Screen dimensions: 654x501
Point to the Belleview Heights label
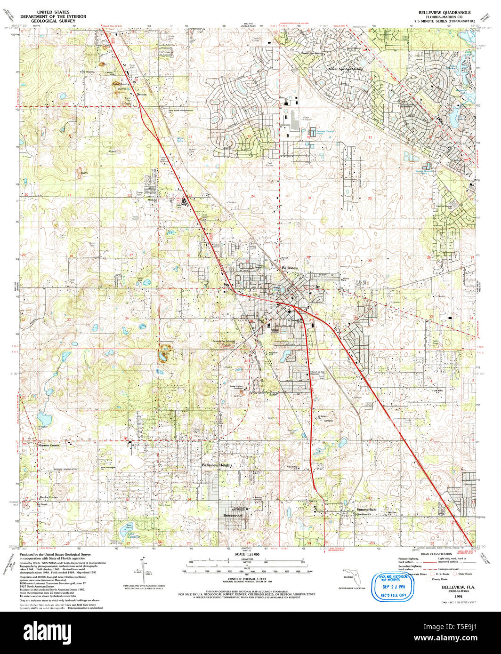pyautogui.click(x=218, y=465)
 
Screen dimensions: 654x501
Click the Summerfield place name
pyautogui.click(x=366, y=510)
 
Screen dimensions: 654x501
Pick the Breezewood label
pyautogui.click(x=233, y=516)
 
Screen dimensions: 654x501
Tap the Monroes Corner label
pyautogui.click(x=49, y=445)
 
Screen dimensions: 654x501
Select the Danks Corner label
pyautogui.click(x=48, y=497)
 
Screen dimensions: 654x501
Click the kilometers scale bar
pyautogui.click(x=245, y=562)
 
